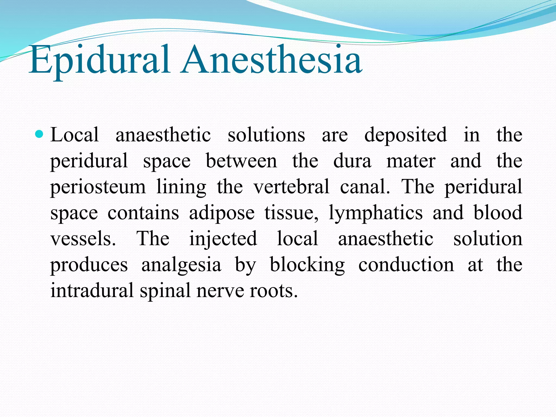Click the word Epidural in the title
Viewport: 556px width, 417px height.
[x=100, y=60]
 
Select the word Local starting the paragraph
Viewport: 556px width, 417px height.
[x=75, y=135]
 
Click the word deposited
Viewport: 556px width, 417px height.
[x=405, y=135]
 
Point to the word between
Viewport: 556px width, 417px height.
[x=241, y=161]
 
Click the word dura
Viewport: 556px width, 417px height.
[x=352, y=161]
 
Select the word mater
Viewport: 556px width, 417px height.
[x=411, y=161]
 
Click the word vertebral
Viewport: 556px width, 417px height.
[x=292, y=187]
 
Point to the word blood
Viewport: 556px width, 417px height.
[x=498, y=213]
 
